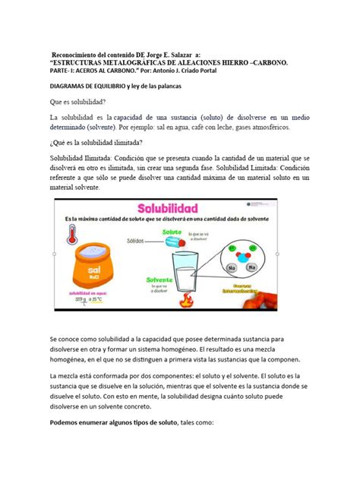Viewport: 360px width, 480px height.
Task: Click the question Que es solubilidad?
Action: click(x=77, y=102)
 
